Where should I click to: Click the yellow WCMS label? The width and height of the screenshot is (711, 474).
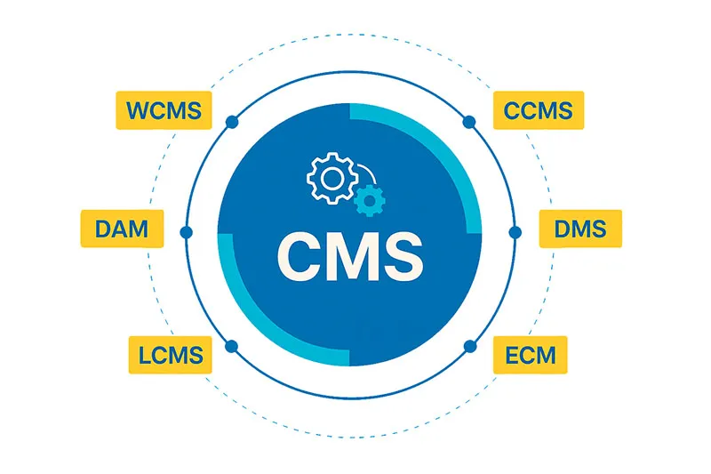[x=164, y=110]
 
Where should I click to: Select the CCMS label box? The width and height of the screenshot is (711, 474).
[x=539, y=110]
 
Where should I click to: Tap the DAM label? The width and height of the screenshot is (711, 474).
[x=122, y=229]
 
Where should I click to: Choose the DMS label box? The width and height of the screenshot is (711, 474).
[x=580, y=229]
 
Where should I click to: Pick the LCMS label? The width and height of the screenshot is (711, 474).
[x=170, y=355]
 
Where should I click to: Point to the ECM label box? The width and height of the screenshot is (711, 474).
[x=530, y=355]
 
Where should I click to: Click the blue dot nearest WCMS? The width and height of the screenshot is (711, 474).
[x=232, y=122]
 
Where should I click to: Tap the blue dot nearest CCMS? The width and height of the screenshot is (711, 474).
[x=469, y=122]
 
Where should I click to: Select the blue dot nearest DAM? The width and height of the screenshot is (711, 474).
[x=186, y=232]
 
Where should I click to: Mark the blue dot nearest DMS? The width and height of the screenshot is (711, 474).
[x=515, y=232]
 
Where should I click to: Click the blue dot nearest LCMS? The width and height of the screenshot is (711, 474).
[x=232, y=347]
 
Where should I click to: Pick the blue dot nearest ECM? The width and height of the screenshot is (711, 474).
[x=470, y=347]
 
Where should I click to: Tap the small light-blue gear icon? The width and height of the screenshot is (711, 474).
[x=370, y=200]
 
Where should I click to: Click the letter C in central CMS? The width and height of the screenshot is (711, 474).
[x=300, y=257]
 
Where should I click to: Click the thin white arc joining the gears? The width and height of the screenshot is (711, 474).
[x=370, y=171]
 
